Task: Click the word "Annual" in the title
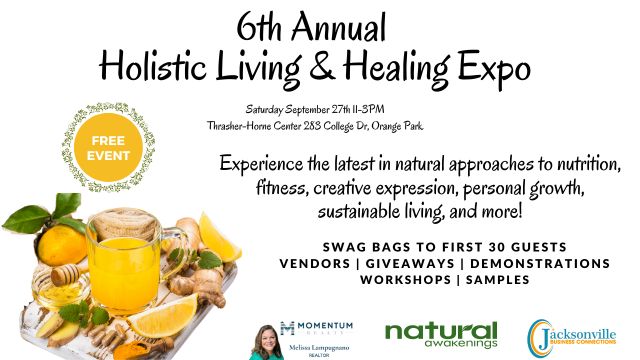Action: pos(330,24)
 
